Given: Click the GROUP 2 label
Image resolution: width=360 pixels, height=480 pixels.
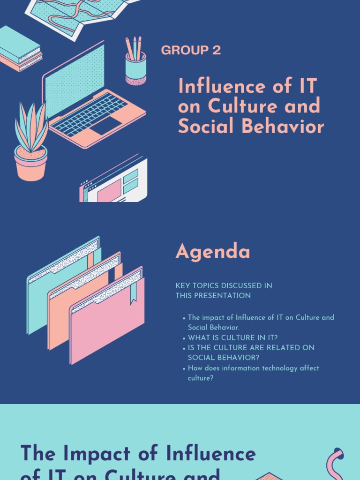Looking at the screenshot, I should (x=191, y=50).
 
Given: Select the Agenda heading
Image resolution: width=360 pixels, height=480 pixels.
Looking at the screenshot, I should (x=213, y=252).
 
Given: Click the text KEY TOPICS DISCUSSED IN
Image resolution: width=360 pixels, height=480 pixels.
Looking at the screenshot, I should (x=224, y=285).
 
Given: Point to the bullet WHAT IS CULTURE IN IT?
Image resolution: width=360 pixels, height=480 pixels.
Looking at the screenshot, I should (x=233, y=338).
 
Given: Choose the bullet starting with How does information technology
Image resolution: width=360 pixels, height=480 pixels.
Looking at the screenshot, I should (x=253, y=368).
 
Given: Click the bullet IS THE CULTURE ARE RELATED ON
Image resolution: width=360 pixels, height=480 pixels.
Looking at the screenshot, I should (x=251, y=348).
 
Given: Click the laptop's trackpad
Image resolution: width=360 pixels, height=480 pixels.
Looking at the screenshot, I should (x=106, y=126).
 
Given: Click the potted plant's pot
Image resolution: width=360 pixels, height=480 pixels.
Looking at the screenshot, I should (x=31, y=164).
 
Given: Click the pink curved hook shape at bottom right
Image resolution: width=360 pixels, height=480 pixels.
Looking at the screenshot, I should (x=334, y=464).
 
